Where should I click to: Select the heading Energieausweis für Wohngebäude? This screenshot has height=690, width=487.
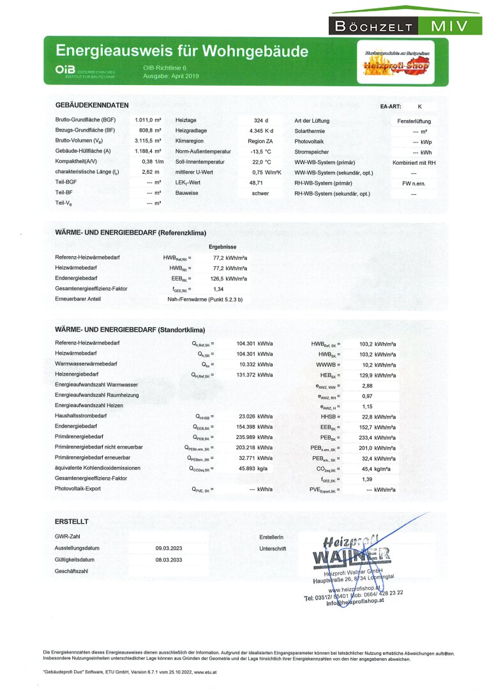(182, 51)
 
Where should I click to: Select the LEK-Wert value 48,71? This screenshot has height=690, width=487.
(257, 182)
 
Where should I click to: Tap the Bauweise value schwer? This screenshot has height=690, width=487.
(260, 193)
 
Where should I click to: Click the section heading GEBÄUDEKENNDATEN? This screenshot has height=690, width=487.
(92, 105)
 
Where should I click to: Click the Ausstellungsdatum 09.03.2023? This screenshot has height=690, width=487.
(169, 548)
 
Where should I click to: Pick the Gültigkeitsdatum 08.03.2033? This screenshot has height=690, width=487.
(169, 559)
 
